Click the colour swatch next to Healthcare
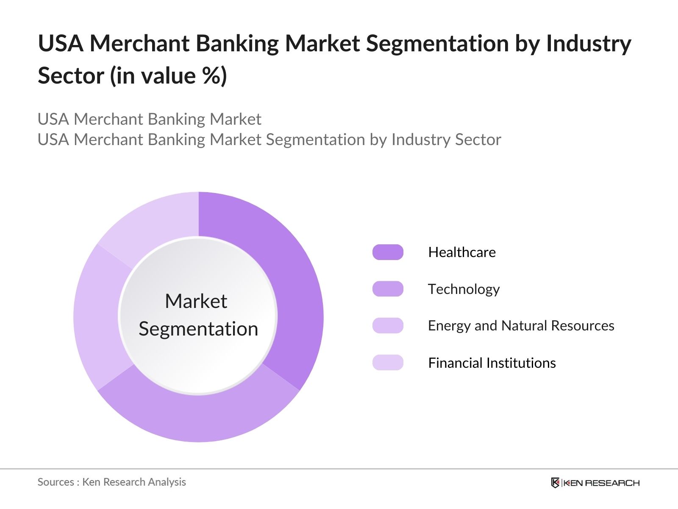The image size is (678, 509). point(388,252)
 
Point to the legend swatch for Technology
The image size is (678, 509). point(388,289)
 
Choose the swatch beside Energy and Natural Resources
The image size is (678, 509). point(388,325)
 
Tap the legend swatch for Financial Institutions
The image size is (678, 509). point(388,363)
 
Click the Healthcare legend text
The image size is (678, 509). point(462,252)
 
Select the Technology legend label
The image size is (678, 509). point(464,289)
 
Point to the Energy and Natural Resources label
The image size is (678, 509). point(521,326)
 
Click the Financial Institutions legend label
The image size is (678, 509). point(492,363)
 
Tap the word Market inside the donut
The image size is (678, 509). point(196,301)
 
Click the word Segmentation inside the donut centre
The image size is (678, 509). point(198,329)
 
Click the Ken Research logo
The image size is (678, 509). point(595,483)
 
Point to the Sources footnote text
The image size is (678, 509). point(111,482)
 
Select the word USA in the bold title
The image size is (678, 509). point(61,43)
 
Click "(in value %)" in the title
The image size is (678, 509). point(169,76)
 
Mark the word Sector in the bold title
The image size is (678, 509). point(71,76)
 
